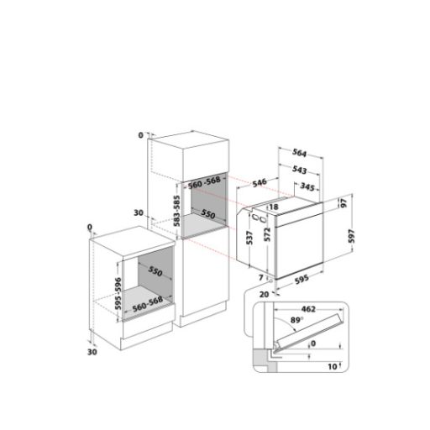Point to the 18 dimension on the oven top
coord(274,207)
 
